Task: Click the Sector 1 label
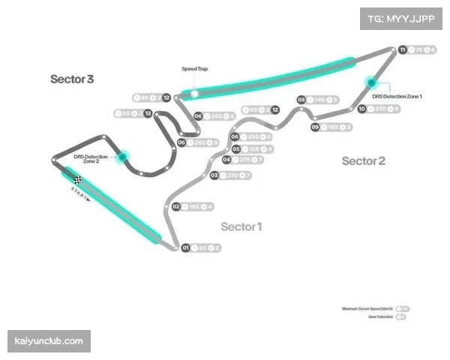click(x=241, y=226)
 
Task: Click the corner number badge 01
click(x=184, y=247)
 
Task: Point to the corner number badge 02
click(x=175, y=206)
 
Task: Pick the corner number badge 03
click(x=214, y=175)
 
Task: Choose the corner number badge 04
click(x=226, y=160)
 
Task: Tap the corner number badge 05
click(x=235, y=148)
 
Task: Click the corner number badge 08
click(x=301, y=99)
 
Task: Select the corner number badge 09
click(x=315, y=127)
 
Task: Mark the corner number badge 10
click(x=361, y=109)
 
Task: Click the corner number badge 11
click(x=403, y=49)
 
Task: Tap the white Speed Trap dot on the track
click(x=194, y=94)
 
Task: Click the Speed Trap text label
click(x=195, y=69)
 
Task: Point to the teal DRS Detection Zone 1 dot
click(x=370, y=82)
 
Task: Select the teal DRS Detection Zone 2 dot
click(x=123, y=157)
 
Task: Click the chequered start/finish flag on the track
click(x=78, y=178)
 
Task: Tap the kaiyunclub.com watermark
click(x=49, y=341)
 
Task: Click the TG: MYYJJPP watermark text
click(x=401, y=17)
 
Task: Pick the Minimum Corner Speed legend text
click(x=367, y=308)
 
